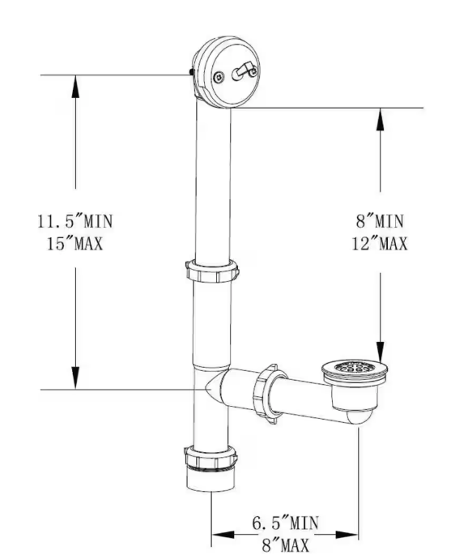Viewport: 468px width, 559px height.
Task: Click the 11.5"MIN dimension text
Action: coord(74,221)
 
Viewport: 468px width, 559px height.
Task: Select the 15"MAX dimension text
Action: coord(75,243)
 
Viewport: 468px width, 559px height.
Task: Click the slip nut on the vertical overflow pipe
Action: coord(212,271)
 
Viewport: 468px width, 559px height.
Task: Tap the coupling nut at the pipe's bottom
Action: coord(211,459)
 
